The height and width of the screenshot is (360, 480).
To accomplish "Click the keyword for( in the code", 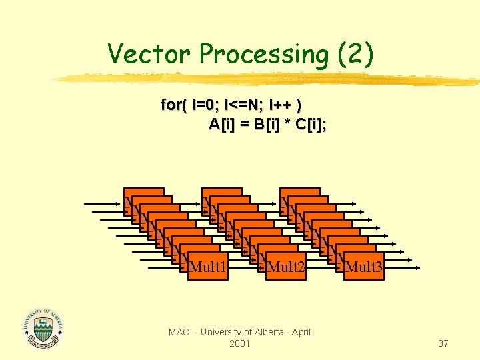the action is point(175,105).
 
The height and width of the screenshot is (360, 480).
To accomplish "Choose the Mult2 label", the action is point(286,268).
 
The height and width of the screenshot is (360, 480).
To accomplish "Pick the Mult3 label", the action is point(365,268).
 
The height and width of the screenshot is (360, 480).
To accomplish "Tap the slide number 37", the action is point(443,343).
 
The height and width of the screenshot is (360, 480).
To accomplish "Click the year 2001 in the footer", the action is point(239,343).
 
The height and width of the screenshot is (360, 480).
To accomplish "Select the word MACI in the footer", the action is point(181,332).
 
